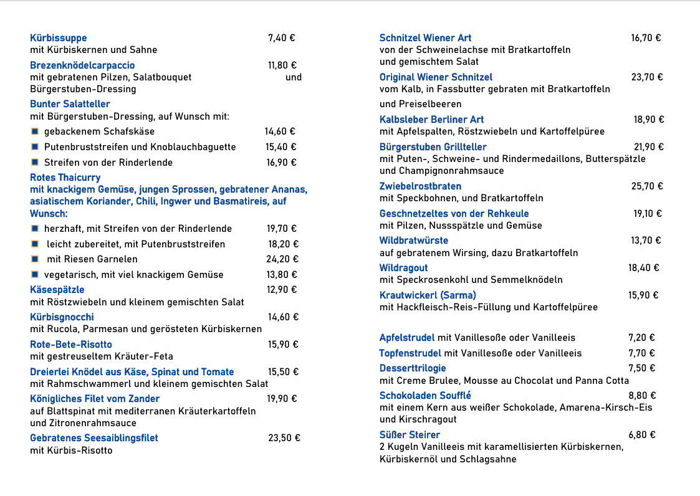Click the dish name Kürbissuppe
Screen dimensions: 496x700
59,38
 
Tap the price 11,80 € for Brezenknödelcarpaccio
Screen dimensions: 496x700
282,65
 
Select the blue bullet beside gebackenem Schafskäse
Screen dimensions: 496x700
35,131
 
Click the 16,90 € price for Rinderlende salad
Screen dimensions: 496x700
281,163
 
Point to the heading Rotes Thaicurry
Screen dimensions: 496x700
65,178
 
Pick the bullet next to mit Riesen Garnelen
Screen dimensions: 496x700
35,259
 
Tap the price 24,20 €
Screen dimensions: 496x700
282,259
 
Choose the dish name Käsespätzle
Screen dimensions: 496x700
57,290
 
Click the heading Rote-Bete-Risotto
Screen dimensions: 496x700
71,345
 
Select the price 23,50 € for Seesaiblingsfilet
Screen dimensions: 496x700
284,438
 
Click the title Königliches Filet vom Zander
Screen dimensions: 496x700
95,399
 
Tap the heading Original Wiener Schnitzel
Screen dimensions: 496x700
436,77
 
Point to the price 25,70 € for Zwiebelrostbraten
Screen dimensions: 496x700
647,186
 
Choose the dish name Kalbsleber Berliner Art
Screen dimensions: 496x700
431,120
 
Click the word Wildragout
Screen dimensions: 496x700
403,268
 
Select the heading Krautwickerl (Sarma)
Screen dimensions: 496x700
428,295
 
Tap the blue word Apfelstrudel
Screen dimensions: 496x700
407,338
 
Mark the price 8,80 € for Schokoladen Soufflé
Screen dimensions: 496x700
642,396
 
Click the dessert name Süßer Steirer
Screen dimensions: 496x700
410,435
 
